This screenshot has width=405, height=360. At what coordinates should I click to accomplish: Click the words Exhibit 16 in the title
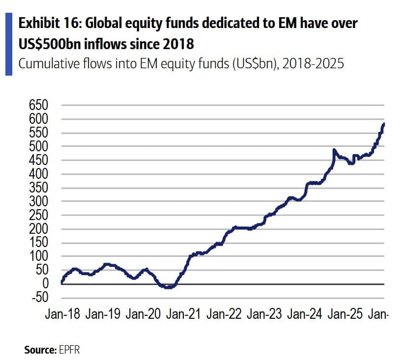coord(45,23)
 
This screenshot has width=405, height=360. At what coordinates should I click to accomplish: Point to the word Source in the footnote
coord(39,350)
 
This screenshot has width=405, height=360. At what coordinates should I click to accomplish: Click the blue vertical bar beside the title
coord(9,44)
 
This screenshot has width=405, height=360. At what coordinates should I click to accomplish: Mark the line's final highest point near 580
coord(383,124)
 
